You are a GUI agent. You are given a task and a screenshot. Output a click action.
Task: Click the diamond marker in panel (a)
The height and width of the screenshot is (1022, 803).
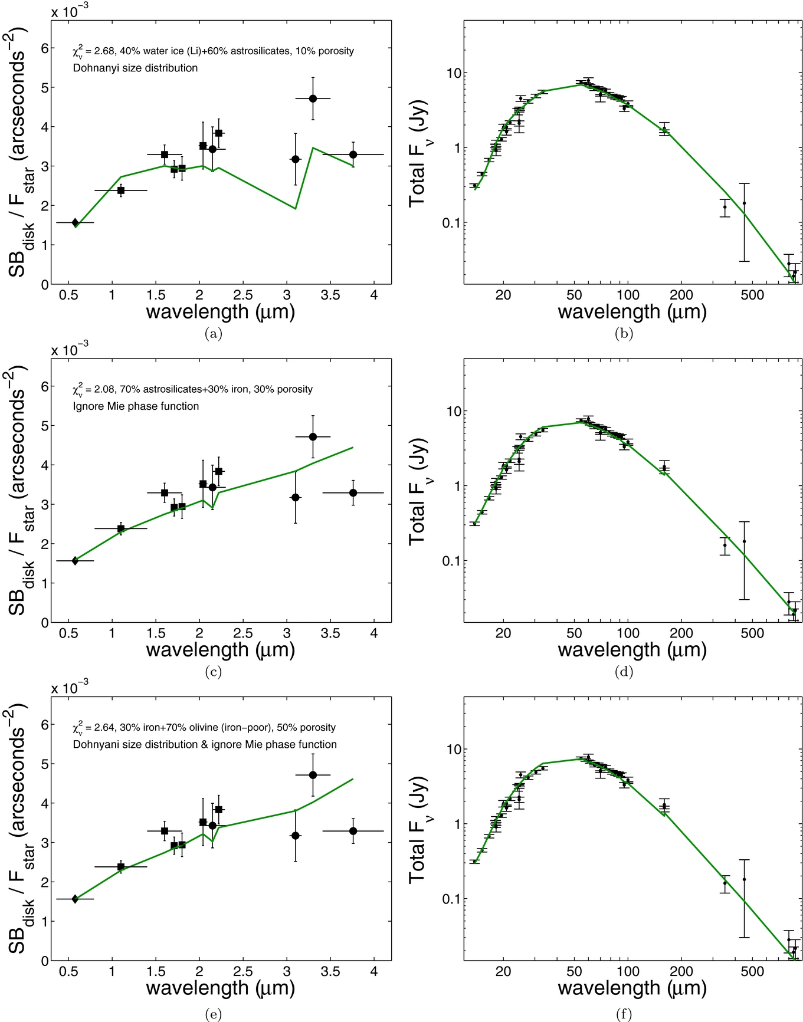(x=75, y=222)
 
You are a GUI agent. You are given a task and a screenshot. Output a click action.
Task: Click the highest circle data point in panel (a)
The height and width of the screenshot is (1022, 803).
(x=313, y=98)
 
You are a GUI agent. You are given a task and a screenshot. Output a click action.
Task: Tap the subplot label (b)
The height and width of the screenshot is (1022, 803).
(x=624, y=334)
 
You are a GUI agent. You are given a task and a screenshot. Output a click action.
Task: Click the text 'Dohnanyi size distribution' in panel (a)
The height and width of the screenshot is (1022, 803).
(x=135, y=68)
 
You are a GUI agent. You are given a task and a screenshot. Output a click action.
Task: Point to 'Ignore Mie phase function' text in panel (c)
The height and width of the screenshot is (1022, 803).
(x=136, y=406)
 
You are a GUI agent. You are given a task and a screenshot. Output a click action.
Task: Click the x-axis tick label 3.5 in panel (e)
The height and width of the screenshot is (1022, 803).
(x=330, y=971)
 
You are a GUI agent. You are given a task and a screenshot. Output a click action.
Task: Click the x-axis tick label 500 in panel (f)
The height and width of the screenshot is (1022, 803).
(x=752, y=971)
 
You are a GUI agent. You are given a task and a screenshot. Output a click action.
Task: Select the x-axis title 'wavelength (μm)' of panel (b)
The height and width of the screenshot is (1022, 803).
(x=632, y=311)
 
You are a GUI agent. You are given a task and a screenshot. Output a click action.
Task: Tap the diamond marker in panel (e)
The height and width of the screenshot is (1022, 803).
(x=75, y=899)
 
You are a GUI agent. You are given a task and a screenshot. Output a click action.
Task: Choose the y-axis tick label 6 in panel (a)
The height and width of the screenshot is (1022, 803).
(x=44, y=48)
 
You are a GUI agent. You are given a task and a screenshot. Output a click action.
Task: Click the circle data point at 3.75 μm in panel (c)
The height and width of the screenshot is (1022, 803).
(x=353, y=492)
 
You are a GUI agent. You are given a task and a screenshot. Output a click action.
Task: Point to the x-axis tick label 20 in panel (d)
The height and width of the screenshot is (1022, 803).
(x=503, y=633)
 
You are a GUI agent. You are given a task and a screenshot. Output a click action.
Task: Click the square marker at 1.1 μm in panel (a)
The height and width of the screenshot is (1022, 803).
(x=121, y=190)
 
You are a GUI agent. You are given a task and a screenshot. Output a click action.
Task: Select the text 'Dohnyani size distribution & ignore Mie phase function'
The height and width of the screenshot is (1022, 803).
(x=205, y=744)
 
